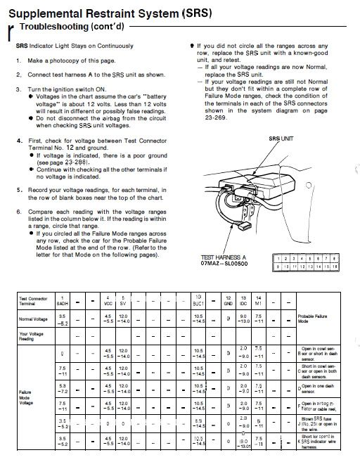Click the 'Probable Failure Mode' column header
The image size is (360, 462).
pyautogui.click(x=312, y=319)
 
